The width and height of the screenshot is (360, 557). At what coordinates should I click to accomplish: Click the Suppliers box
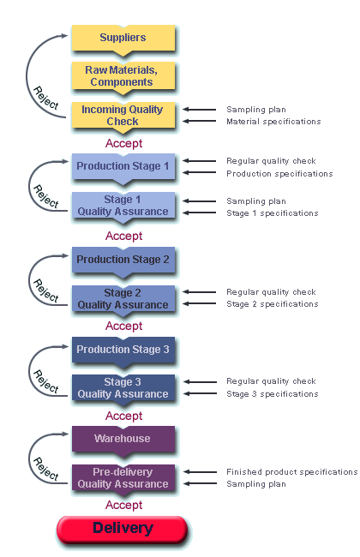(123, 39)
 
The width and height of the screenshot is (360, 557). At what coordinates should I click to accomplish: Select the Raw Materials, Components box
(123, 77)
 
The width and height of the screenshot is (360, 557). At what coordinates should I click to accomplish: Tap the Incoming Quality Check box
(123, 117)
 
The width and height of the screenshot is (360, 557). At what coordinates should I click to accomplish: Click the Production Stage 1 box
(123, 167)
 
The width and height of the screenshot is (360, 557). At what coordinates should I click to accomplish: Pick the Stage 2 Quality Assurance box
(123, 300)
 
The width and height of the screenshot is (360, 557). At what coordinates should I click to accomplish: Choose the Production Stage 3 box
(123, 351)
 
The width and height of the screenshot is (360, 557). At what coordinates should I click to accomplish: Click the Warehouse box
(123, 440)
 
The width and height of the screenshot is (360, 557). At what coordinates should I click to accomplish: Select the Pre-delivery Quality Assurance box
(123, 480)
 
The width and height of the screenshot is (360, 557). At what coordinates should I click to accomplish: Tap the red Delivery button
(122, 530)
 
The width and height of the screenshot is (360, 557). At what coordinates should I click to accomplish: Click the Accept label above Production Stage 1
(123, 143)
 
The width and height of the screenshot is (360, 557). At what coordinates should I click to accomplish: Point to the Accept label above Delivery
(123, 505)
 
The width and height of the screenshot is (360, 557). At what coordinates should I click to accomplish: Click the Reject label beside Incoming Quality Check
(45, 98)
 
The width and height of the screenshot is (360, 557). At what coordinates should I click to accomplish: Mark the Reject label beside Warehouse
(45, 469)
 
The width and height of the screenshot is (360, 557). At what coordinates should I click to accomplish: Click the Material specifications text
(273, 122)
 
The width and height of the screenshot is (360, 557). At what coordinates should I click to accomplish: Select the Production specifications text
(279, 174)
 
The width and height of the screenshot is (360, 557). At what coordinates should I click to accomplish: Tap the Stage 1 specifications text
(273, 213)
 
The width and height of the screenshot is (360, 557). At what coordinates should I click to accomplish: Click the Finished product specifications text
(292, 472)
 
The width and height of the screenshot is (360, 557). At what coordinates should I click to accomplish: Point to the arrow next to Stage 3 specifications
(200, 393)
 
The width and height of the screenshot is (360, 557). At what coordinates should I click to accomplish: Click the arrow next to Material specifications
(200, 121)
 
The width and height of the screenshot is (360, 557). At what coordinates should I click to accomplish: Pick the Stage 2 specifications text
(273, 304)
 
